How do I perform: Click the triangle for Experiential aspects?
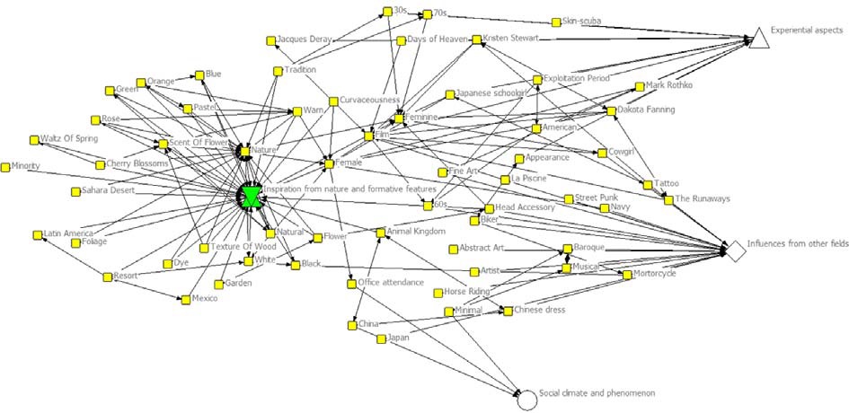point(758,37)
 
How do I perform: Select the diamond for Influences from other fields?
point(735,250)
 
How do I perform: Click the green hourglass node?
point(252,196)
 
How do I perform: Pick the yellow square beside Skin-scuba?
point(557,22)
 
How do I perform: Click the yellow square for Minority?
point(5,166)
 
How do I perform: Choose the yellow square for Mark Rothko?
point(639,87)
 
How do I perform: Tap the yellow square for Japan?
point(381,338)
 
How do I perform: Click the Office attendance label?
point(391,283)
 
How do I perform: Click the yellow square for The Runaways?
point(668,199)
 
